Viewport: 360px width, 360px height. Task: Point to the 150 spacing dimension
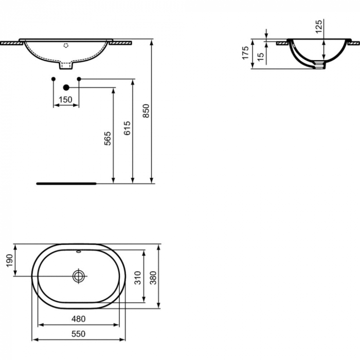coord(66,100)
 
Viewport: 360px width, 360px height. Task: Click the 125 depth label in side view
coord(319,26)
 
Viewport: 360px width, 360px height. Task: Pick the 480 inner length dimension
coord(79,319)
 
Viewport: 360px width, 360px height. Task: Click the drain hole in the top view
coord(78,276)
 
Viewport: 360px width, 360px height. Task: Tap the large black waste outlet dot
coord(66,88)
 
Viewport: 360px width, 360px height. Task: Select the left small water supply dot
coord(53,79)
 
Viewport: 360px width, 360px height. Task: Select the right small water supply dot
coord(79,79)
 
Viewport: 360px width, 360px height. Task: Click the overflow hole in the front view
coord(65,45)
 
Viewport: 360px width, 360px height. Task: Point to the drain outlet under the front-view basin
coord(66,66)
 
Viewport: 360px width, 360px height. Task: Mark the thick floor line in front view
coord(66,183)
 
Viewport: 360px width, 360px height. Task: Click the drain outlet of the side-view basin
coord(320,65)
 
